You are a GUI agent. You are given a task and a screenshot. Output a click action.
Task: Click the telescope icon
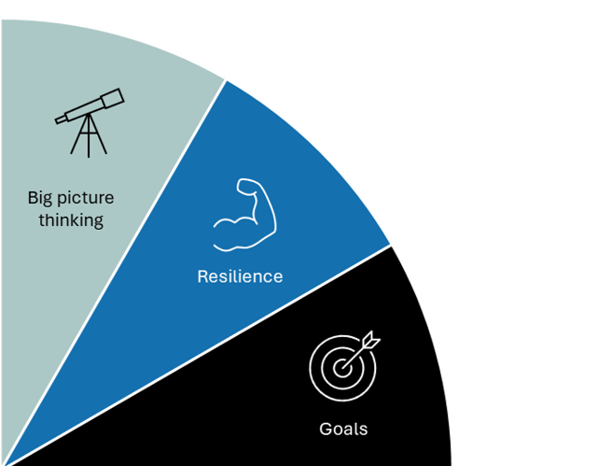pyautogui.click(x=89, y=120)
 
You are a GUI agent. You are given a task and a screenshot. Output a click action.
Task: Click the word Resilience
pyautogui.click(x=240, y=276)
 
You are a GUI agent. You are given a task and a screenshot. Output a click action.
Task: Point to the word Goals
pyautogui.click(x=343, y=430)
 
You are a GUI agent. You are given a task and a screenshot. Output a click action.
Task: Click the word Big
pyautogui.click(x=40, y=198)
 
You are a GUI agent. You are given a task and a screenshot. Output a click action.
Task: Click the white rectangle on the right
pyautogui.click(x=526, y=299)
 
